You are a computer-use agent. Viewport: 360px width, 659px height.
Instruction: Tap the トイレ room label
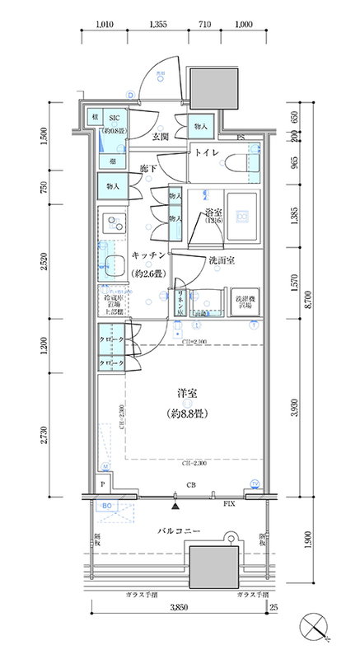click(x=207, y=152)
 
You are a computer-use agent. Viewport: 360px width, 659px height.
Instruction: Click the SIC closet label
click(x=115, y=118)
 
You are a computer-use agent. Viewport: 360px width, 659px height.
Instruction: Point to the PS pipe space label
click(x=241, y=138)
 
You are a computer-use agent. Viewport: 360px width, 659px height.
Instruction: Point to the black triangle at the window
click(x=177, y=496)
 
